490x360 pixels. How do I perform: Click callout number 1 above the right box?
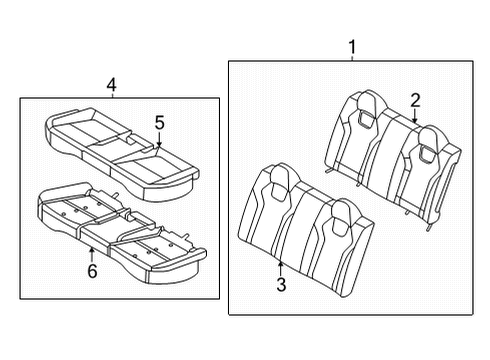[352, 47]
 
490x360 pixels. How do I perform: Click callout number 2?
[415, 100]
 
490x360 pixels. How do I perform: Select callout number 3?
[281, 284]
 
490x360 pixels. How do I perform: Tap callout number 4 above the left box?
[112, 85]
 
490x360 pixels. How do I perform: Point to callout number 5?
[160, 122]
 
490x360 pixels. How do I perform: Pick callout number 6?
[92, 270]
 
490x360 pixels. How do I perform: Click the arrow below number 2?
[415, 116]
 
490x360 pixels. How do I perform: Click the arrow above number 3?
[281, 269]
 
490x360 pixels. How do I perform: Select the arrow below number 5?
[159, 139]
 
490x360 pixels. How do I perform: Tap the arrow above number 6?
[92, 255]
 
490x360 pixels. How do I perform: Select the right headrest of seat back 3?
[342, 217]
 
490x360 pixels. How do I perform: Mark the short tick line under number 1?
[352, 58]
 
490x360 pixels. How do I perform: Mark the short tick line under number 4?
[112, 96]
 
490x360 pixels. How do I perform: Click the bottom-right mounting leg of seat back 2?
[429, 227]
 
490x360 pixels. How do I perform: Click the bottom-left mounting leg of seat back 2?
[328, 170]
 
